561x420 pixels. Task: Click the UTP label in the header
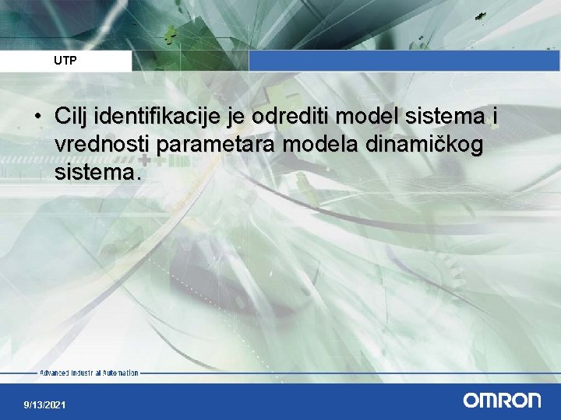(x=65, y=60)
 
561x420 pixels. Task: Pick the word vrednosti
(x=102, y=144)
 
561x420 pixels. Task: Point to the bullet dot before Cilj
(x=37, y=117)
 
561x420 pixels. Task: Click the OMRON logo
(x=502, y=400)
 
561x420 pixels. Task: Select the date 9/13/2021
(x=45, y=405)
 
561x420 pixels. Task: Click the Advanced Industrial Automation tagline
(x=89, y=373)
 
